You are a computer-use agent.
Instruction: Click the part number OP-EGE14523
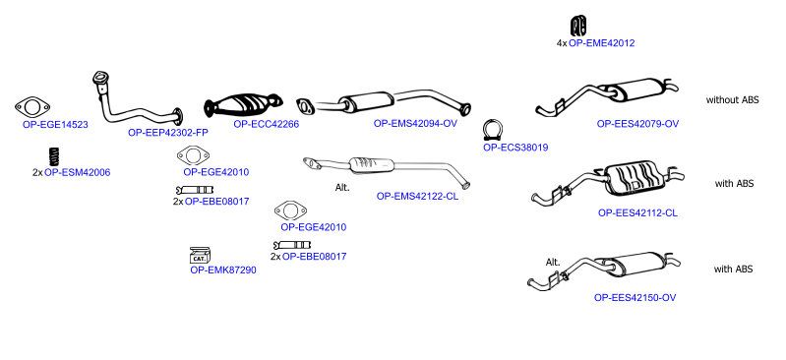click(55, 124)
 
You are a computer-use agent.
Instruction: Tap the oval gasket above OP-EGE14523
click(32, 107)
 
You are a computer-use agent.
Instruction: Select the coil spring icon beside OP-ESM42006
click(54, 157)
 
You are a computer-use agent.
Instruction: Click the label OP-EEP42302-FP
click(168, 133)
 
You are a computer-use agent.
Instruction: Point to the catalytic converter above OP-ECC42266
click(243, 105)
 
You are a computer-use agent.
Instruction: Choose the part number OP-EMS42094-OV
click(415, 123)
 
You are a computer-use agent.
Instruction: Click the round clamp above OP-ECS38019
click(493, 131)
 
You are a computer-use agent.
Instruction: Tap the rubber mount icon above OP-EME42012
click(579, 26)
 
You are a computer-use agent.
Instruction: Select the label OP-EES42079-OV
click(637, 123)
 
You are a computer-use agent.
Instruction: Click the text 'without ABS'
click(732, 99)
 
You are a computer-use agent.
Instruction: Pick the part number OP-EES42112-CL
click(637, 212)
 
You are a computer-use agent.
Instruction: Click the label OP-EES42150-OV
click(635, 297)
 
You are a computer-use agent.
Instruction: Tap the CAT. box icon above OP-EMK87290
click(201, 255)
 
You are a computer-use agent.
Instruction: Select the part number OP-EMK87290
click(223, 270)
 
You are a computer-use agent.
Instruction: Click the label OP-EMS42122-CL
click(417, 196)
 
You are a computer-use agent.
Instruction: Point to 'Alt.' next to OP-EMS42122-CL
click(342, 188)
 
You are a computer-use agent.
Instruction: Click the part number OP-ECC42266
click(267, 124)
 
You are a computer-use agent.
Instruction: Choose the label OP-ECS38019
click(515, 148)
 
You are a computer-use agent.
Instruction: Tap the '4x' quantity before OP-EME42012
click(562, 43)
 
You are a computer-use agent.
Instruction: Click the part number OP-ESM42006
click(77, 172)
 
